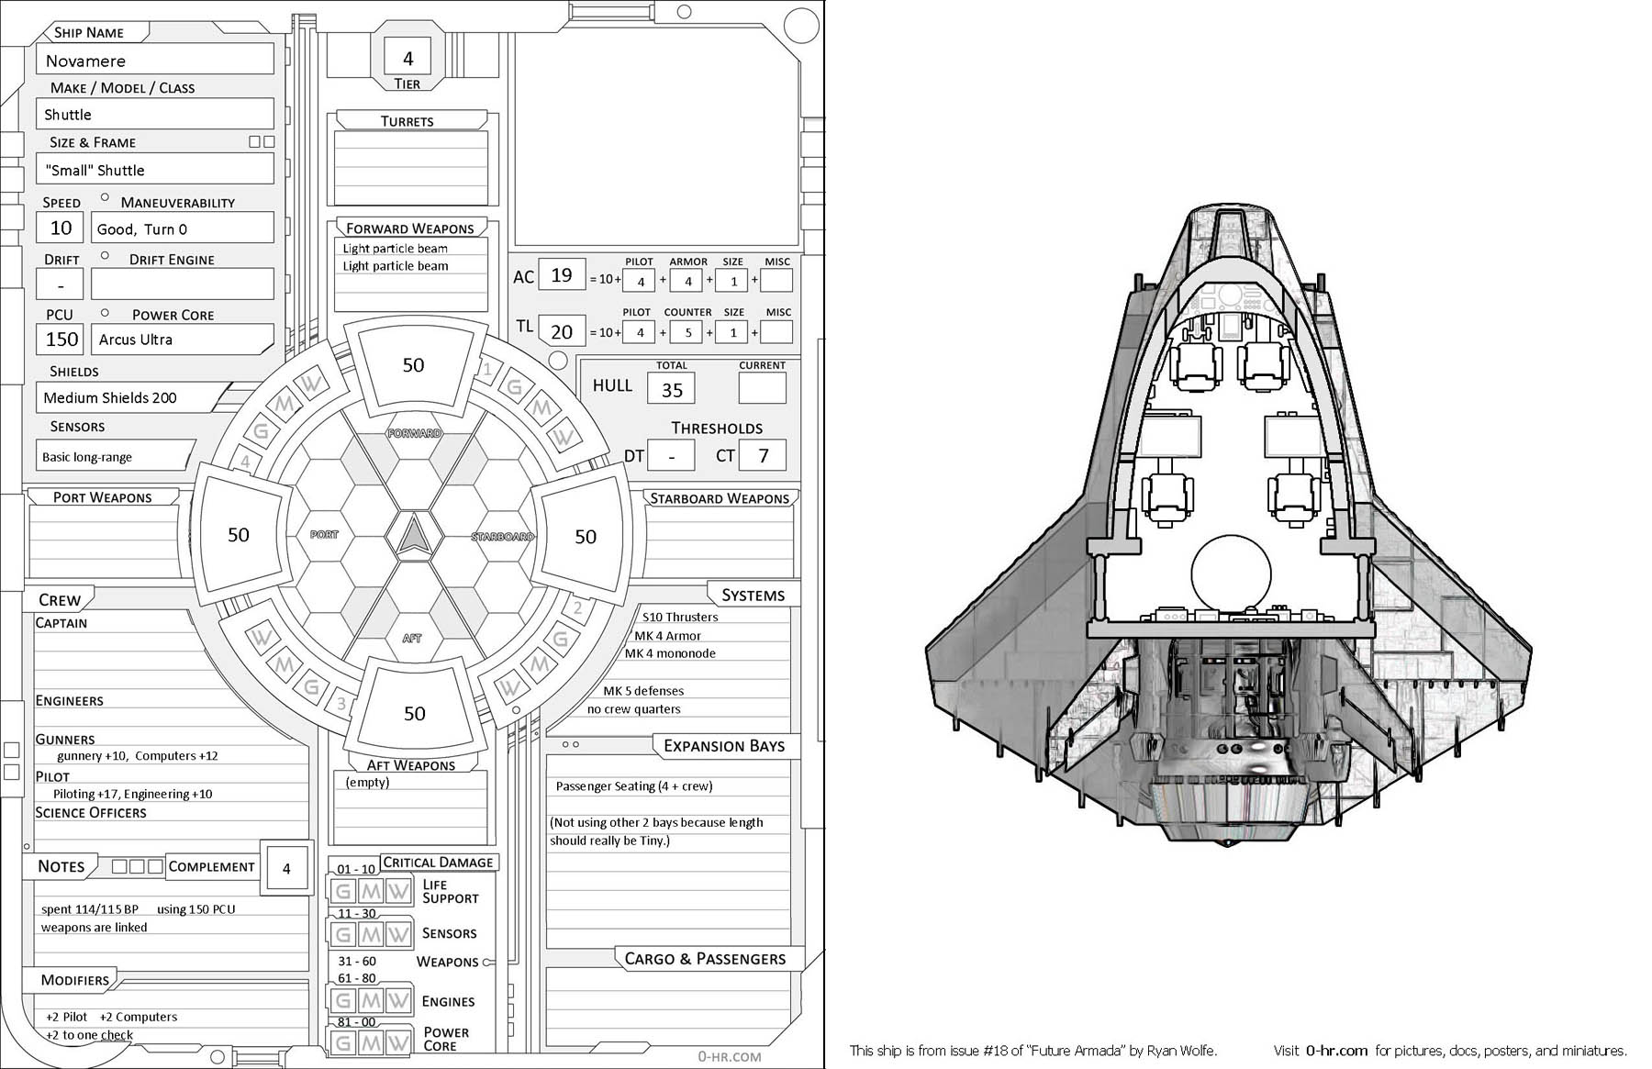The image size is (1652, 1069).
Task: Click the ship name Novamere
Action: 85,61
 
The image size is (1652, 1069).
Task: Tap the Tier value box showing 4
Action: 408,59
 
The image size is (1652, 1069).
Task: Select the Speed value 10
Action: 61,228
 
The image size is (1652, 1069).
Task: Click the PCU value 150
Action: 61,340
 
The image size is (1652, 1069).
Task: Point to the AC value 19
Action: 562,275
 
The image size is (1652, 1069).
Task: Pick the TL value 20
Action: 562,331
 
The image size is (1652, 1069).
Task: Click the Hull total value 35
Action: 672,390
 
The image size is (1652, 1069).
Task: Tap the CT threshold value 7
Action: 763,456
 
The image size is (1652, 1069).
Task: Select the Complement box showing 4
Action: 286,868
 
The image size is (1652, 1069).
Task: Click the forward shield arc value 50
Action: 413,365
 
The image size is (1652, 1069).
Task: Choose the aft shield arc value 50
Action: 414,714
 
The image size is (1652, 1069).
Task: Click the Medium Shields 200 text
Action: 110,397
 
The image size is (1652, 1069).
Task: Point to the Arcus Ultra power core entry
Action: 136,340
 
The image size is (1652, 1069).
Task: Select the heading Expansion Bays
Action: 723,746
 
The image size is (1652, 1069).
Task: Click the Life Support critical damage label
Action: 450,892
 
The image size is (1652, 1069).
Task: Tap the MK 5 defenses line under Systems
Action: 642,691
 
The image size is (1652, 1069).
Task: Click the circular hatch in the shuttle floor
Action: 1232,573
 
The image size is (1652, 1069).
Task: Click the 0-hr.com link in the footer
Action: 1336,1051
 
